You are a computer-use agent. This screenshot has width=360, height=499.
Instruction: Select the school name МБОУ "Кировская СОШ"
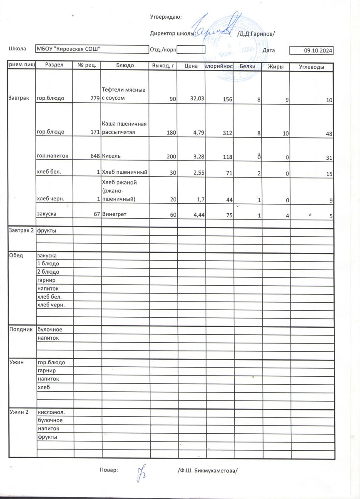[69, 49]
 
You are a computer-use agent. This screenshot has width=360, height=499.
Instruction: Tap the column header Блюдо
[125, 66]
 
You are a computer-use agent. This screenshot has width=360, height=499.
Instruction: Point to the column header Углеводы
[312, 67]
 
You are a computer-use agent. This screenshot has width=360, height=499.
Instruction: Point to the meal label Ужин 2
[19, 412]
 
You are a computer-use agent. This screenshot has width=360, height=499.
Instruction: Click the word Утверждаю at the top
[165, 17]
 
